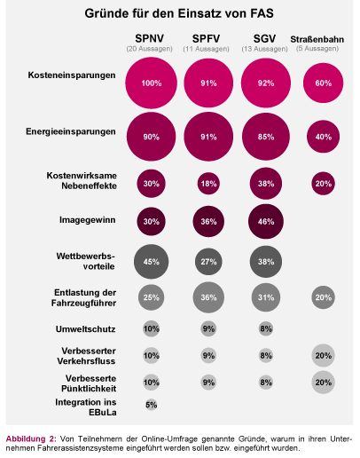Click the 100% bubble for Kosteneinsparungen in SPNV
click(x=151, y=83)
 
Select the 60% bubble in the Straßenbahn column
click(x=324, y=83)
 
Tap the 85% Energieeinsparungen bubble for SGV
click(x=266, y=137)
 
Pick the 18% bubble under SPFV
click(x=208, y=184)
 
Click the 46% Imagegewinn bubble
click(x=266, y=221)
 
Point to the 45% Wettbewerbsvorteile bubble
click(x=151, y=262)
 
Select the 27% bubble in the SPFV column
click(x=208, y=262)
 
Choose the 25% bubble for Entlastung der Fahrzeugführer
click(x=151, y=297)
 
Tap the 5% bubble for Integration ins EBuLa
click(x=151, y=405)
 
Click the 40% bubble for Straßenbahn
click(x=324, y=137)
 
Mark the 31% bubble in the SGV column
click(x=266, y=297)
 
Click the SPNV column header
click(x=149, y=38)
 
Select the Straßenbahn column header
click(x=317, y=39)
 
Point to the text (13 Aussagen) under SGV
click(x=264, y=49)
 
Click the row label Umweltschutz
click(x=86, y=329)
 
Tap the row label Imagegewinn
click(x=88, y=220)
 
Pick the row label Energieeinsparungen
click(x=71, y=131)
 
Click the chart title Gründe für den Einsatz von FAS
click(x=179, y=13)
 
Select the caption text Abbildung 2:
click(x=31, y=438)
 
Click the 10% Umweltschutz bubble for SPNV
click(x=151, y=328)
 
